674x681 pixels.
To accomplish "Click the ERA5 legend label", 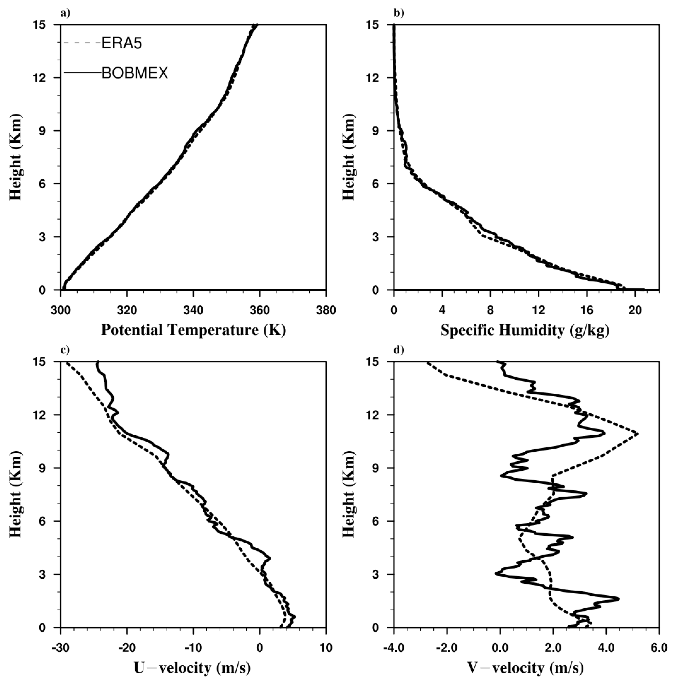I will pyautogui.click(x=122, y=44).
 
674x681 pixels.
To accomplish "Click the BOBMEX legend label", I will pyautogui.click(x=135, y=74).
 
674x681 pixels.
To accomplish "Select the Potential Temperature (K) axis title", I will pyautogui.click(x=193, y=330).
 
